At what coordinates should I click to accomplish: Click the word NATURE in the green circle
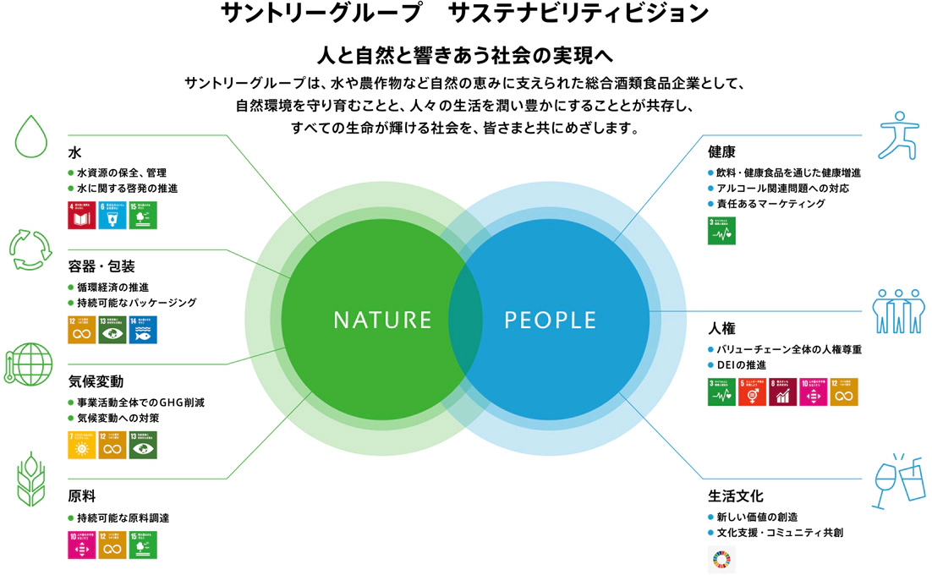[x=382, y=320]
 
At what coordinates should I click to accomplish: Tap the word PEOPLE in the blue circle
[x=551, y=320]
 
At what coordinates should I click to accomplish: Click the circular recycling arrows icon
[x=30, y=247]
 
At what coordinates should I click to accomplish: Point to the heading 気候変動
[x=96, y=382]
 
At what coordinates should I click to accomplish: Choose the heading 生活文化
[x=736, y=496]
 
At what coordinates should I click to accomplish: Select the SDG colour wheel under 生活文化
[x=721, y=560]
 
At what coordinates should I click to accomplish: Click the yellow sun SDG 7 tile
[x=82, y=446]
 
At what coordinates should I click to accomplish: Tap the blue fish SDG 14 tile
[x=144, y=330]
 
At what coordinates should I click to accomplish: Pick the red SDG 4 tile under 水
[x=82, y=215]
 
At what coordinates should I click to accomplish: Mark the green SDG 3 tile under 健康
[x=721, y=231]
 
